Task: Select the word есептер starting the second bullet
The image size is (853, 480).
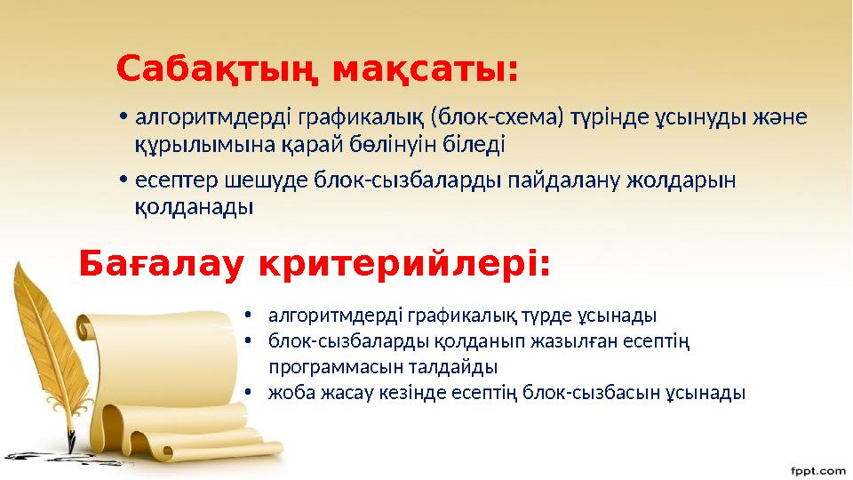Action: click(x=171, y=181)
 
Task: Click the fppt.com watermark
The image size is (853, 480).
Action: click(x=817, y=468)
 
